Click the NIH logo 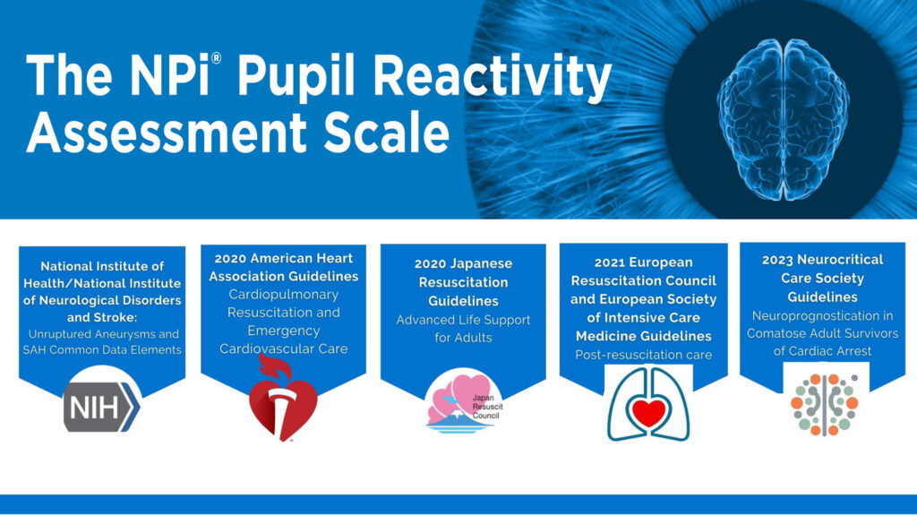click(x=102, y=408)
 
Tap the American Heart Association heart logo click(x=283, y=398)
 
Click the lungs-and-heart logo click(x=648, y=404)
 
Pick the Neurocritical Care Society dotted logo click(x=825, y=405)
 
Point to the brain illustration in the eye click(x=783, y=119)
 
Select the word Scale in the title click(x=387, y=133)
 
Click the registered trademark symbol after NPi click(x=217, y=58)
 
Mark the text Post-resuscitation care click(x=643, y=355)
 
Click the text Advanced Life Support click(x=463, y=320)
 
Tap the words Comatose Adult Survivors click(x=822, y=333)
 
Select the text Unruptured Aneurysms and click(x=104, y=334)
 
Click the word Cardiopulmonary click(x=283, y=294)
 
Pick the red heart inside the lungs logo click(x=648, y=413)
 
